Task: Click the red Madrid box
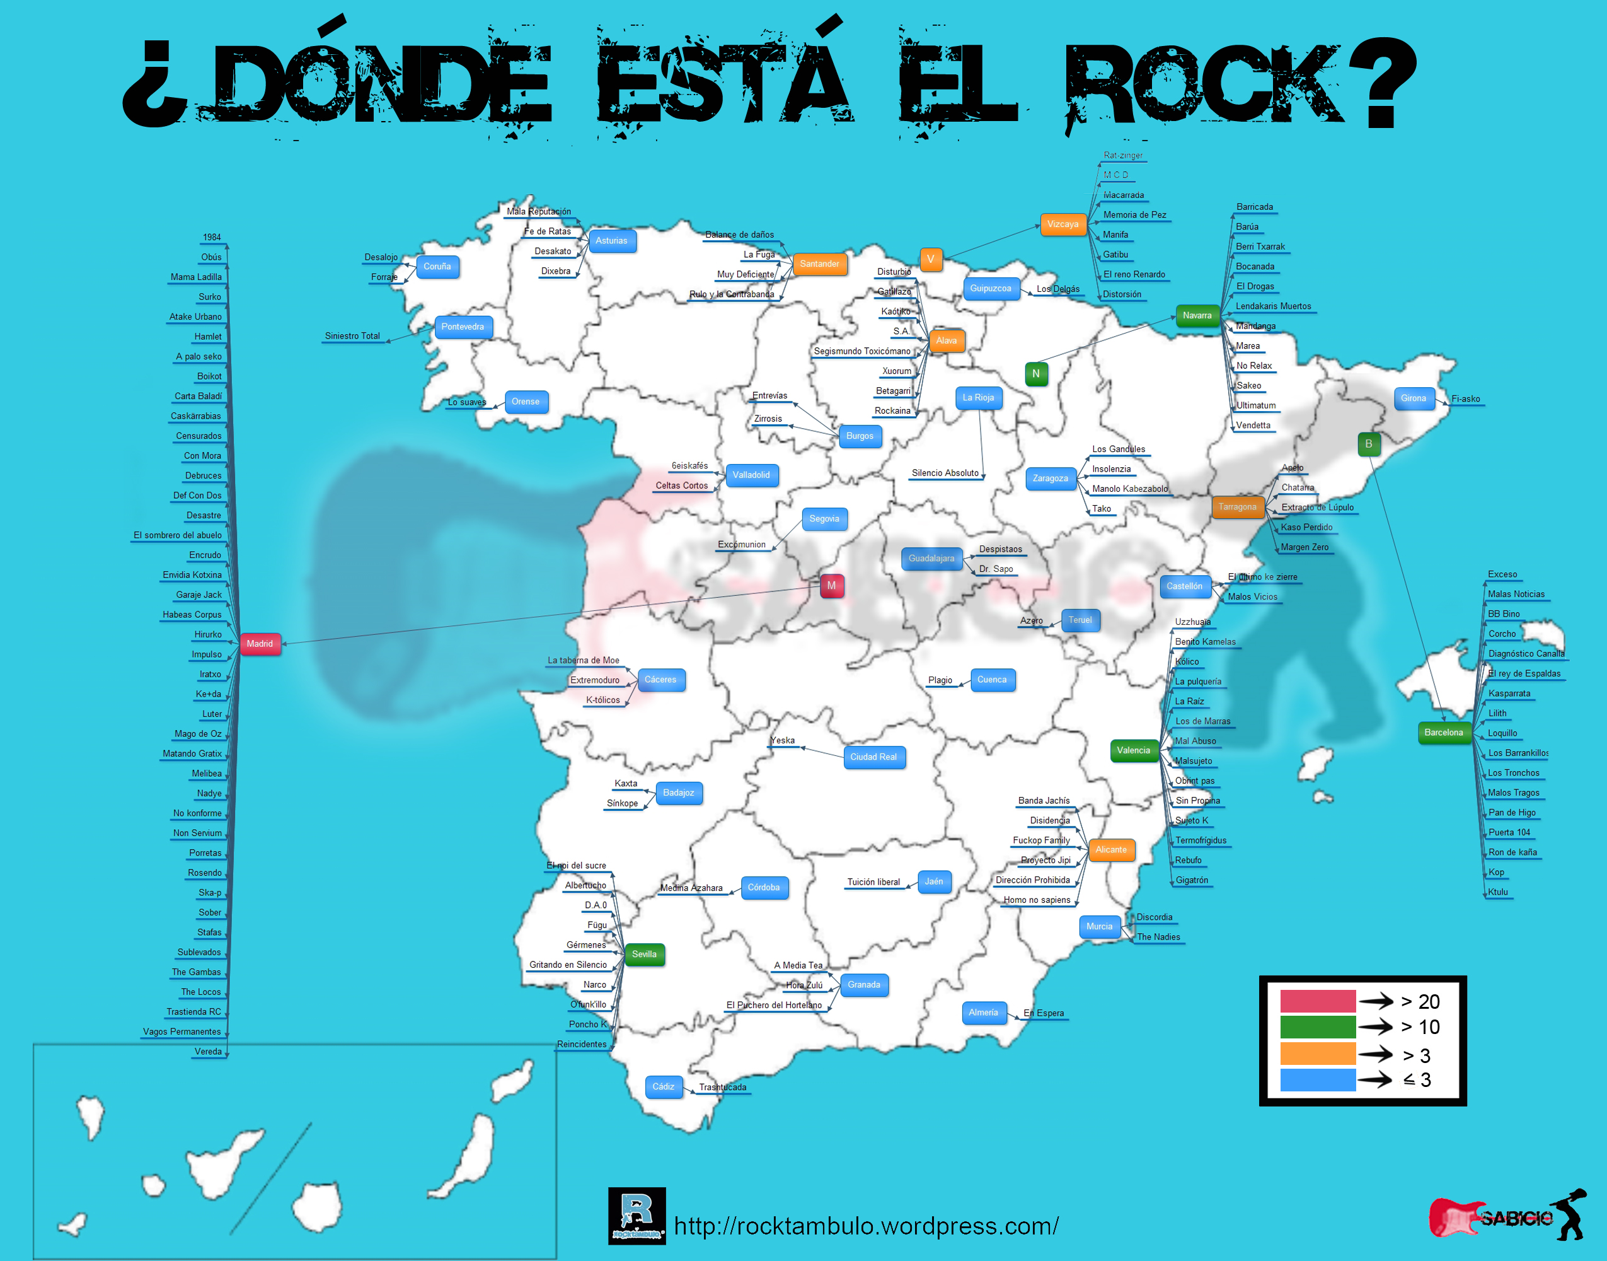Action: click(260, 644)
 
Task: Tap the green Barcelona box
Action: click(1444, 733)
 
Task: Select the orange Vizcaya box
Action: click(1063, 224)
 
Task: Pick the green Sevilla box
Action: click(644, 954)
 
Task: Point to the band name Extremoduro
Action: click(595, 680)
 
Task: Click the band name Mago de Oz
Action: click(198, 734)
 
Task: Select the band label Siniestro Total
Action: click(353, 336)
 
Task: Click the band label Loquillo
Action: click(1502, 733)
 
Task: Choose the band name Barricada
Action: click(1254, 207)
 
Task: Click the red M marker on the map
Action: click(831, 586)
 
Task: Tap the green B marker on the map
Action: click(1369, 444)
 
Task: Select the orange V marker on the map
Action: click(930, 259)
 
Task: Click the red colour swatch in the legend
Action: click(1318, 1001)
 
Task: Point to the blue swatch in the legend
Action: click(1318, 1079)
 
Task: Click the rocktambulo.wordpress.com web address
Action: click(867, 1226)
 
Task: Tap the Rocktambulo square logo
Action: click(636, 1215)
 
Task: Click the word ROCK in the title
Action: click(1202, 85)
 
